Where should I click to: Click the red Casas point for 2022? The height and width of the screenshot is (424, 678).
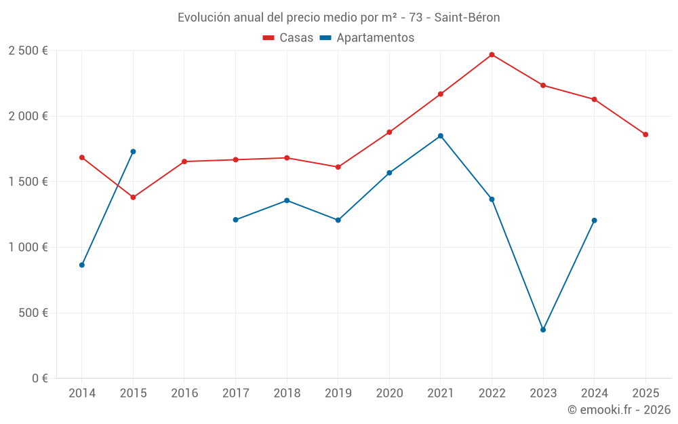[492, 55]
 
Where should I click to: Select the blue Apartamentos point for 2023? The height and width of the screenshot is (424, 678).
[543, 330]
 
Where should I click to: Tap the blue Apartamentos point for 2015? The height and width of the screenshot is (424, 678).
[133, 152]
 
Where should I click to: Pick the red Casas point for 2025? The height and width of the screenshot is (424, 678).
[645, 134]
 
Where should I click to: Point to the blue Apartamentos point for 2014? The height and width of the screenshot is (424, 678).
[82, 265]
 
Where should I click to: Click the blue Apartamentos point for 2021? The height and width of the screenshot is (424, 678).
[441, 136]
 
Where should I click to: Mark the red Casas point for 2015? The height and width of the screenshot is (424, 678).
[133, 197]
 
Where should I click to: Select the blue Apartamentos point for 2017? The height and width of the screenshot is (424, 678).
[235, 220]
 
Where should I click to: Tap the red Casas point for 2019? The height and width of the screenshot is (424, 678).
[338, 167]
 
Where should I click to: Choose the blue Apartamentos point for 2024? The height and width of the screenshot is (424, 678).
[595, 220]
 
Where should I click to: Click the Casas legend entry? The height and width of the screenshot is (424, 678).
[288, 38]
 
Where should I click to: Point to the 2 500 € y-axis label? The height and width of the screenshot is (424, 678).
[28, 51]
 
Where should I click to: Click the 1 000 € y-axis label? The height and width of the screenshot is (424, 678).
[28, 248]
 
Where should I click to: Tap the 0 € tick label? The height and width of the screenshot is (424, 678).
[39, 379]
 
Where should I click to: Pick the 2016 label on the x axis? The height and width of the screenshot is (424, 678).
[184, 393]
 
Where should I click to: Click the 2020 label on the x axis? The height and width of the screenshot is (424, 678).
[389, 393]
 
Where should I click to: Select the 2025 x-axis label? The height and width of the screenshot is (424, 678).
[645, 393]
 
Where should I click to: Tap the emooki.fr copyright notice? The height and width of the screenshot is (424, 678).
[619, 410]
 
